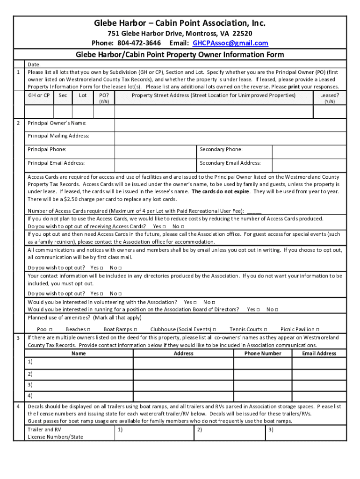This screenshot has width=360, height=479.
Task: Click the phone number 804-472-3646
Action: tap(139, 43)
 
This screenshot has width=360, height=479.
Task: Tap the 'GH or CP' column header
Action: tap(39, 95)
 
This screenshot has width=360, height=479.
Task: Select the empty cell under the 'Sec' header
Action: tap(63, 112)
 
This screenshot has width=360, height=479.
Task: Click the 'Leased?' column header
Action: tap(329, 95)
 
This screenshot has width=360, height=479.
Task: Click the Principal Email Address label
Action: tap(56, 163)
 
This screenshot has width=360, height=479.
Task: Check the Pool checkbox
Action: tap(50, 330)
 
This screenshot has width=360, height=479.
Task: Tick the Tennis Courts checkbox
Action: tap(266, 330)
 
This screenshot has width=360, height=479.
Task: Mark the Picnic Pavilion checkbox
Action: tap(318, 330)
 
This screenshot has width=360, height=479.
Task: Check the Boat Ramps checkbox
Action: tap(135, 330)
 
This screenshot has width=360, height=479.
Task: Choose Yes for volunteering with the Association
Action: tap(194, 303)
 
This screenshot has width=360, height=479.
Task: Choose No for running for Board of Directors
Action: tap(277, 310)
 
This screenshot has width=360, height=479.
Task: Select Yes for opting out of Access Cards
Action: tap(164, 226)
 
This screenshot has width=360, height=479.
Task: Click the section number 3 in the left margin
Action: tap(18, 338)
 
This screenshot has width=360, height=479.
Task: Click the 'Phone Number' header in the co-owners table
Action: tap(262, 354)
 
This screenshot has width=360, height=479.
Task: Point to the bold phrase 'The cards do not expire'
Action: tap(221, 192)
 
